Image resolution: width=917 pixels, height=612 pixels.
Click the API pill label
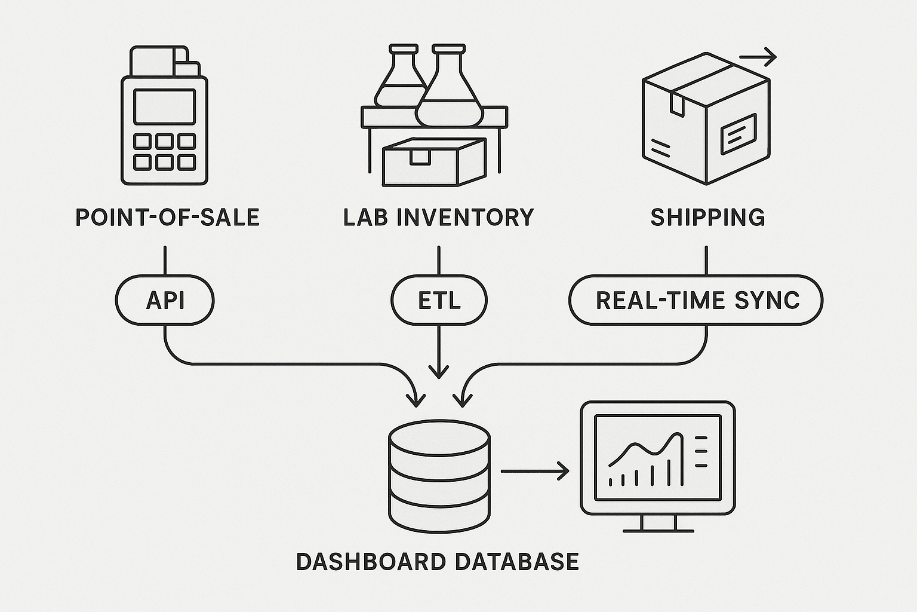point(165,300)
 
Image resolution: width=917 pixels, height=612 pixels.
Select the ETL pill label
point(439,300)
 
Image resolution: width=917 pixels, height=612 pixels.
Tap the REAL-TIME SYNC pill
point(696,300)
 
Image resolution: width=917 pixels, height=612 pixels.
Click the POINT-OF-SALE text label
point(168,218)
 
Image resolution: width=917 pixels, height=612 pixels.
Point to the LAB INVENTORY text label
point(439,218)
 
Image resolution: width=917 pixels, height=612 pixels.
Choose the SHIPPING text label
point(707,218)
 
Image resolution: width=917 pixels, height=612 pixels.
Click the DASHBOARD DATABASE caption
point(438,562)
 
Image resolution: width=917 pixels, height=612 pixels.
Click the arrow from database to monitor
point(534,471)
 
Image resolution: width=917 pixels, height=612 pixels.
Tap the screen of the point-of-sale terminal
point(164,106)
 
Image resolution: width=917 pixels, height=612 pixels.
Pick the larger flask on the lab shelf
point(449,90)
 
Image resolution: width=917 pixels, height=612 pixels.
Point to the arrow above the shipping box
point(758,58)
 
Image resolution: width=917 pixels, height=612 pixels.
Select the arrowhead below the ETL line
point(439,371)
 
